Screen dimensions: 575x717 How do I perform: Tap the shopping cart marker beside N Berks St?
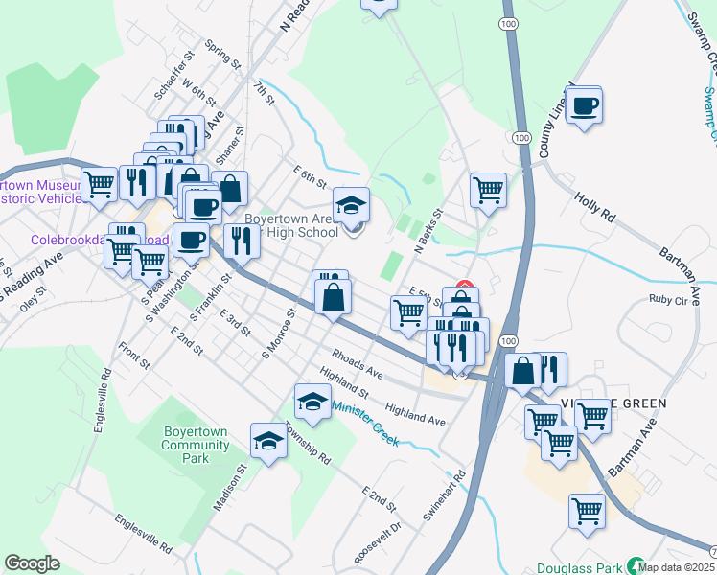pos(488,190)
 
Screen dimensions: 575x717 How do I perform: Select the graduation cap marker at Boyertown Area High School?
pos(351,205)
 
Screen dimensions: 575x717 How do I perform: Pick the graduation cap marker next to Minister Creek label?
pos(312,402)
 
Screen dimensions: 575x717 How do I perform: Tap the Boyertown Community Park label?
pos(195,445)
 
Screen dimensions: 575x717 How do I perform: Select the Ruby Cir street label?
pos(668,299)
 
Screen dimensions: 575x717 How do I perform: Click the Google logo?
pos(32,563)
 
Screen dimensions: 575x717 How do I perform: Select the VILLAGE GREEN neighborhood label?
pos(613,402)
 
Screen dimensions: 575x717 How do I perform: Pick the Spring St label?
pos(222,55)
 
